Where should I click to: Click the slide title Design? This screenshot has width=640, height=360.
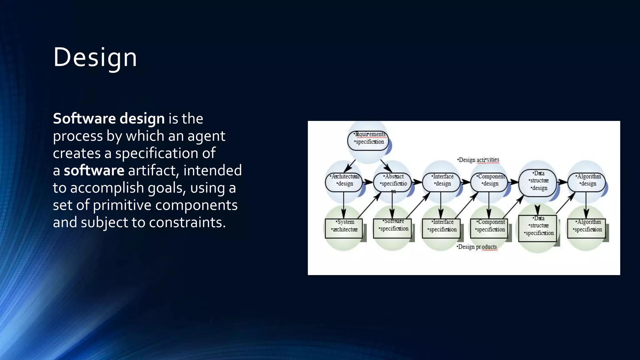point(95,57)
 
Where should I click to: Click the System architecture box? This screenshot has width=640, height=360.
point(344,228)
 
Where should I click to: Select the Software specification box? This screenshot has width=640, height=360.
point(392,228)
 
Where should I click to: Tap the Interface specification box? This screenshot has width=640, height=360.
point(441,228)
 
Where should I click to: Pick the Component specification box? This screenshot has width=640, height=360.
point(489,228)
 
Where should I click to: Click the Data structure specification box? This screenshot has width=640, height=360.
point(537,228)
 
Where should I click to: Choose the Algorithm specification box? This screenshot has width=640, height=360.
point(586,228)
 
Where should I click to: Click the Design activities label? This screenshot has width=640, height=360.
point(478,160)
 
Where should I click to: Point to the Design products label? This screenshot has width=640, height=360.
point(477,247)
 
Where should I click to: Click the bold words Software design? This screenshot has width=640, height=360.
point(108,119)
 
